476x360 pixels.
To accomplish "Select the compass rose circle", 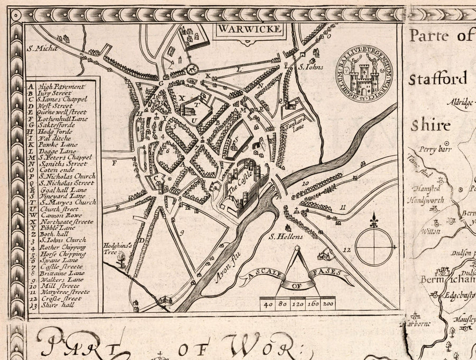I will click(x=374, y=247).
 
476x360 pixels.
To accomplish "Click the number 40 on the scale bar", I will click(x=268, y=304).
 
